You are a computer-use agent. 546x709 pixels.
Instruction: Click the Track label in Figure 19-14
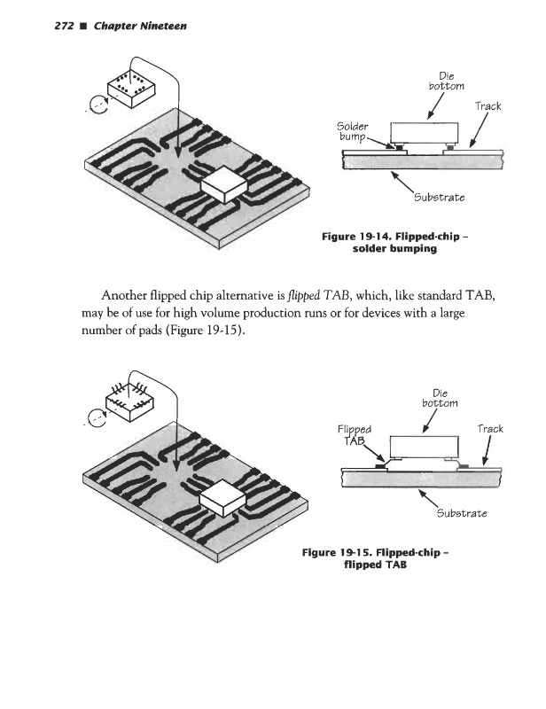[487, 106]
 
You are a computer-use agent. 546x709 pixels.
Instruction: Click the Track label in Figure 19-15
[489, 429]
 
